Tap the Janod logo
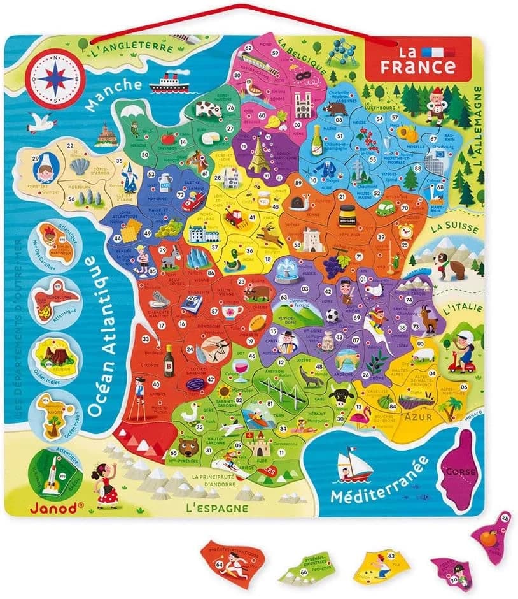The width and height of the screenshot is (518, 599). pyautogui.click(x=62, y=507)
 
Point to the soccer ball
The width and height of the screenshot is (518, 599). pyautogui.click(x=333, y=315)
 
